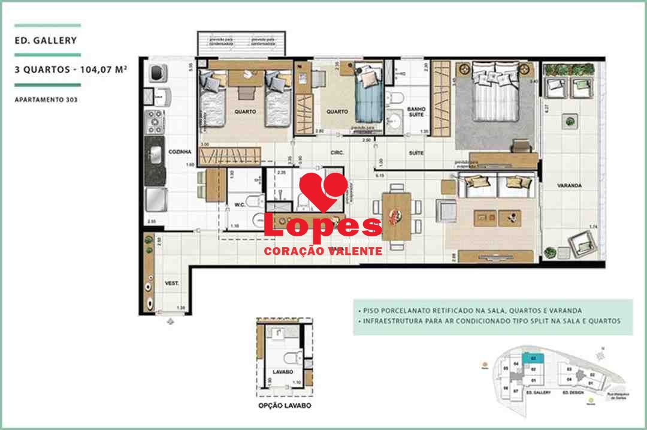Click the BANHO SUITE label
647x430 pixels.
pos(416,112)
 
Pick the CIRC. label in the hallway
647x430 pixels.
pos(337,154)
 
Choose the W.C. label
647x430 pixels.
pos(240,205)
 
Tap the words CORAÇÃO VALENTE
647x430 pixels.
pos(323,251)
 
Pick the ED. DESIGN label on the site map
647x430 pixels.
pos(573,392)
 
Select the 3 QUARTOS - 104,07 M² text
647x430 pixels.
pos(71,69)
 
